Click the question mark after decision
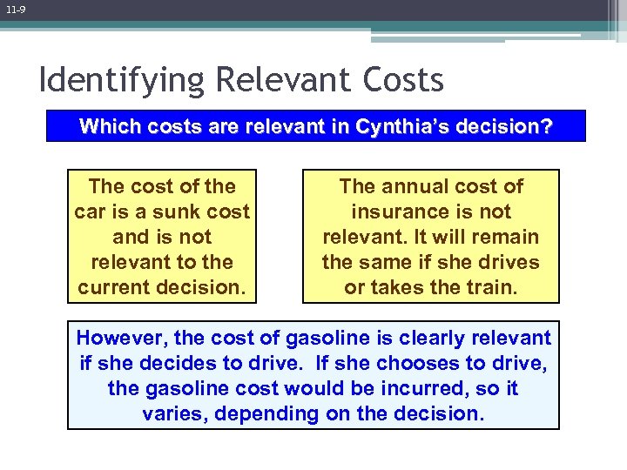(546, 126)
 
